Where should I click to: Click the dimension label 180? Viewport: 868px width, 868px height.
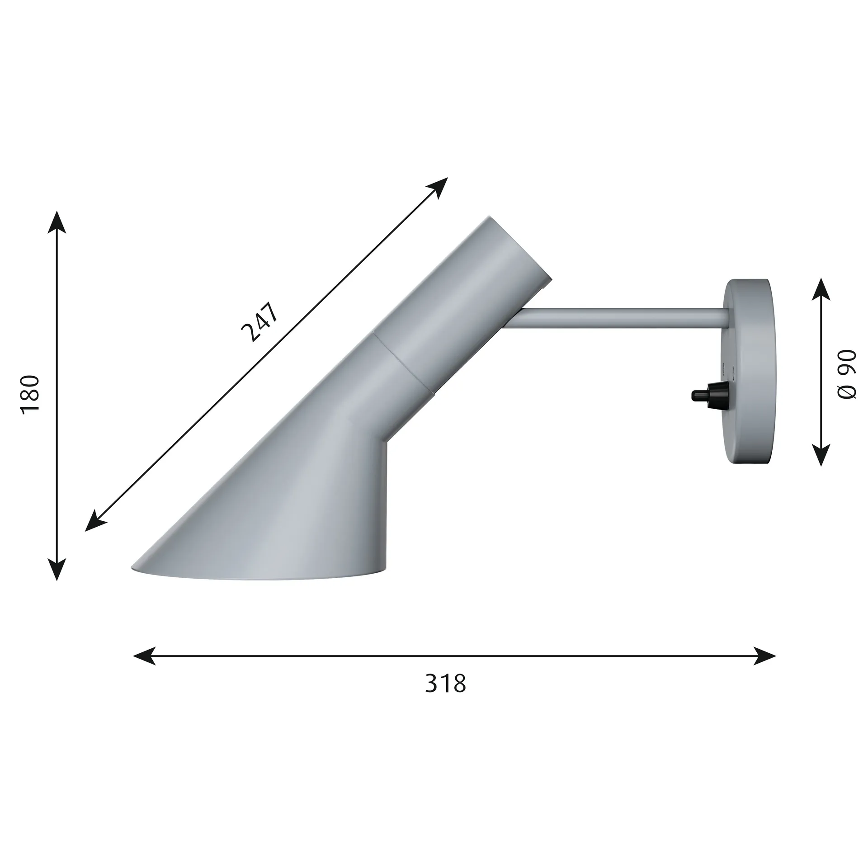(31, 392)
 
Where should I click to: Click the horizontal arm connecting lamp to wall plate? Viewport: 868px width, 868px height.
(624, 317)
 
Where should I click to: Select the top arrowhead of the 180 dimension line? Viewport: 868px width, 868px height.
(57, 222)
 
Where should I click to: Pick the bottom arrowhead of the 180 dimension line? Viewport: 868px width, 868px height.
(57, 569)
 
